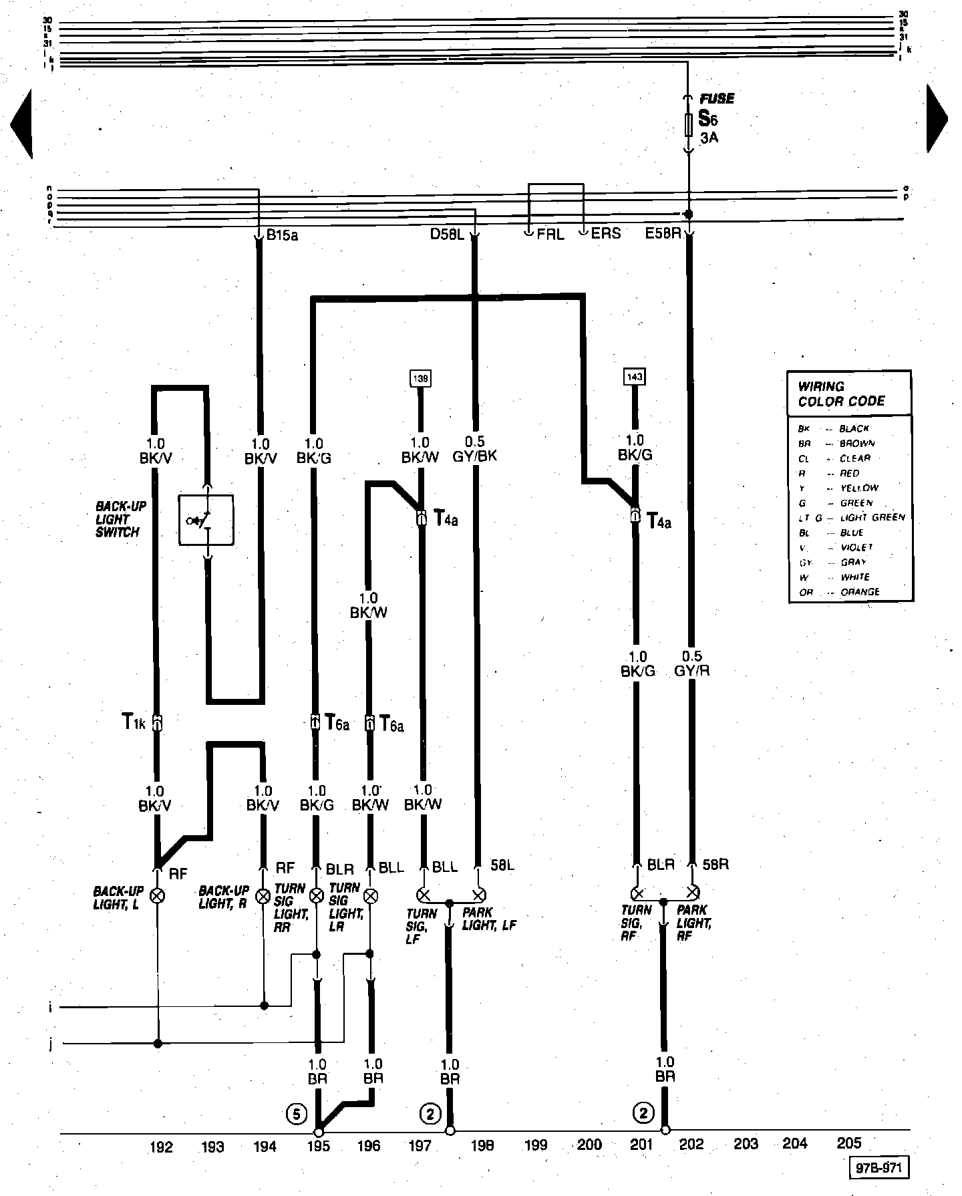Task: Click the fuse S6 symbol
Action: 689,124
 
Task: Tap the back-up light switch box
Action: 206,519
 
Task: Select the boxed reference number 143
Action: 635,377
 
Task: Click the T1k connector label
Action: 134,722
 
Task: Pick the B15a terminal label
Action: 281,235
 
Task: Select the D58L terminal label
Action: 446,234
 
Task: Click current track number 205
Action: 849,1143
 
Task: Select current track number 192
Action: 162,1147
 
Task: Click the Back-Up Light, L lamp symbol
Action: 158,895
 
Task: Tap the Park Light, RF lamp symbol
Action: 693,891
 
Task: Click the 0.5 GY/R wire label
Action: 691,663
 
